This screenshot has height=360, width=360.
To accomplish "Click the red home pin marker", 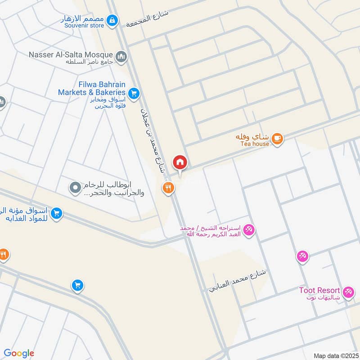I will tap(180, 162).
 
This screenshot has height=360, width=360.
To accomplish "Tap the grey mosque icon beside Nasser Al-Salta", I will tap(121, 57).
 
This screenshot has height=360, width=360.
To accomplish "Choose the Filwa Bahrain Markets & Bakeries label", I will tap(91, 88).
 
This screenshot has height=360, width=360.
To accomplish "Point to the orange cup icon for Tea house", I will tap(278, 138).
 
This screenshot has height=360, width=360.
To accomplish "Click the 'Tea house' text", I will tap(254, 144).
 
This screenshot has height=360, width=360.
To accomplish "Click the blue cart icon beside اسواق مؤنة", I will tap(56, 213).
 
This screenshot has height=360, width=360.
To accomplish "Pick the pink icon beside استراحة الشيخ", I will tap(248, 230).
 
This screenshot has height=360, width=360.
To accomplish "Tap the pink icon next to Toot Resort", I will tap(348, 293).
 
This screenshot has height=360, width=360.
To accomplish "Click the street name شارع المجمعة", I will tap(147, 18).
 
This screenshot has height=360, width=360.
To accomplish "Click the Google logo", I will tap(19, 353).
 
